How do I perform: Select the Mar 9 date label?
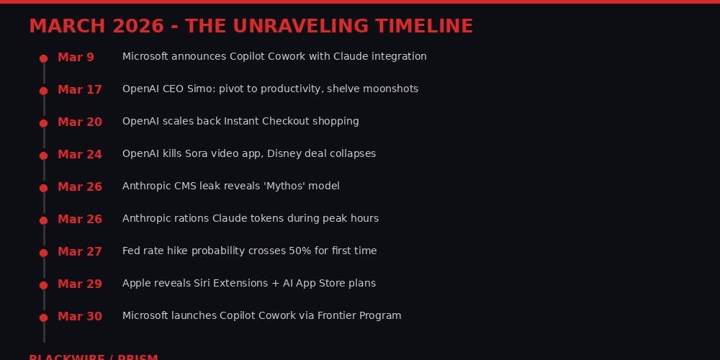point(76,57)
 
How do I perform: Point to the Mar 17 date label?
point(80,89)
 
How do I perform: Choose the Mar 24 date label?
point(80,154)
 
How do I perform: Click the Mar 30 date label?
point(80,316)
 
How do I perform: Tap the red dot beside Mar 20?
point(43,123)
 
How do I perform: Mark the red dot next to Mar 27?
point(43,253)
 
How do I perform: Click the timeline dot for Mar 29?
point(43,285)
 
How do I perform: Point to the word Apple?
point(136,283)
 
